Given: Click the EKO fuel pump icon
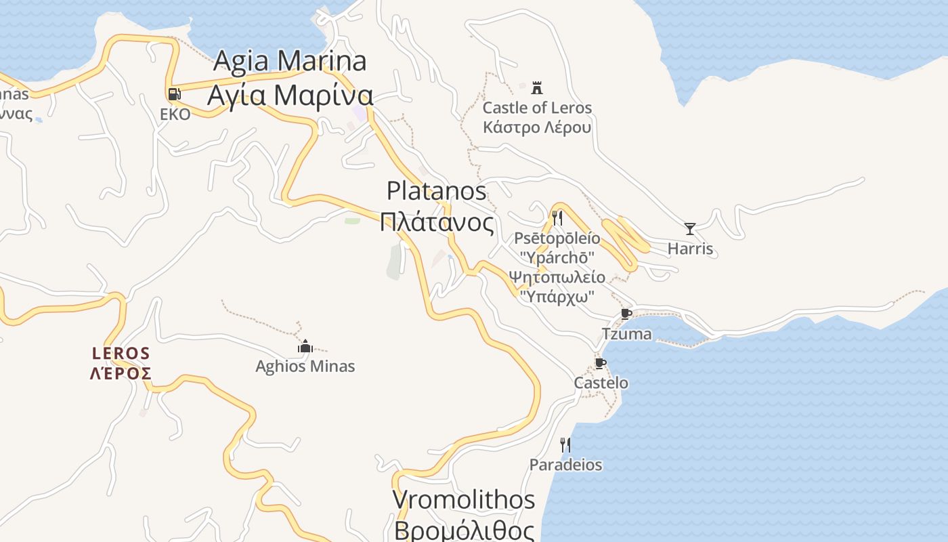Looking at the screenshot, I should (x=174, y=94).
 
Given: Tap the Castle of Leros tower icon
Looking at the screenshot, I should (x=537, y=87).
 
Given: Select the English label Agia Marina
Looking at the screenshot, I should (x=290, y=61).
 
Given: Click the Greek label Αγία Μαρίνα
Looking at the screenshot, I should (x=290, y=95).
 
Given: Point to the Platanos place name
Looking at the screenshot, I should (x=436, y=191).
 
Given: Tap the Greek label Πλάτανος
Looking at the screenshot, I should (x=437, y=222).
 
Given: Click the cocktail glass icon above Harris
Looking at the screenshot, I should (x=690, y=229).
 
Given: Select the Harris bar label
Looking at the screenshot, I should (x=690, y=249).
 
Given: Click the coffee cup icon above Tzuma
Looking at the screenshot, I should (x=626, y=314).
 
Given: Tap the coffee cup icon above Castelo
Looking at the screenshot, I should (x=600, y=363).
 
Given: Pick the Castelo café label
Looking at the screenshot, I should (x=601, y=383).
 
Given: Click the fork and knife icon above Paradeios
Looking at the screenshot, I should (x=565, y=445).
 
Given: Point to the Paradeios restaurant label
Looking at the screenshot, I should (x=565, y=465).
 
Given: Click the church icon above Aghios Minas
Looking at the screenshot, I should (x=305, y=347).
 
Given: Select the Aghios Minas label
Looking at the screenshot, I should (x=305, y=367).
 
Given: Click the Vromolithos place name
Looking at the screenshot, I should (x=464, y=500).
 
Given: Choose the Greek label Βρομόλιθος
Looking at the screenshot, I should (x=464, y=530).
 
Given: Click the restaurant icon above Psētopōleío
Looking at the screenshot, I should (x=557, y=217).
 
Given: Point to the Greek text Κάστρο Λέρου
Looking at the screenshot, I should (x=537, y=127).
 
